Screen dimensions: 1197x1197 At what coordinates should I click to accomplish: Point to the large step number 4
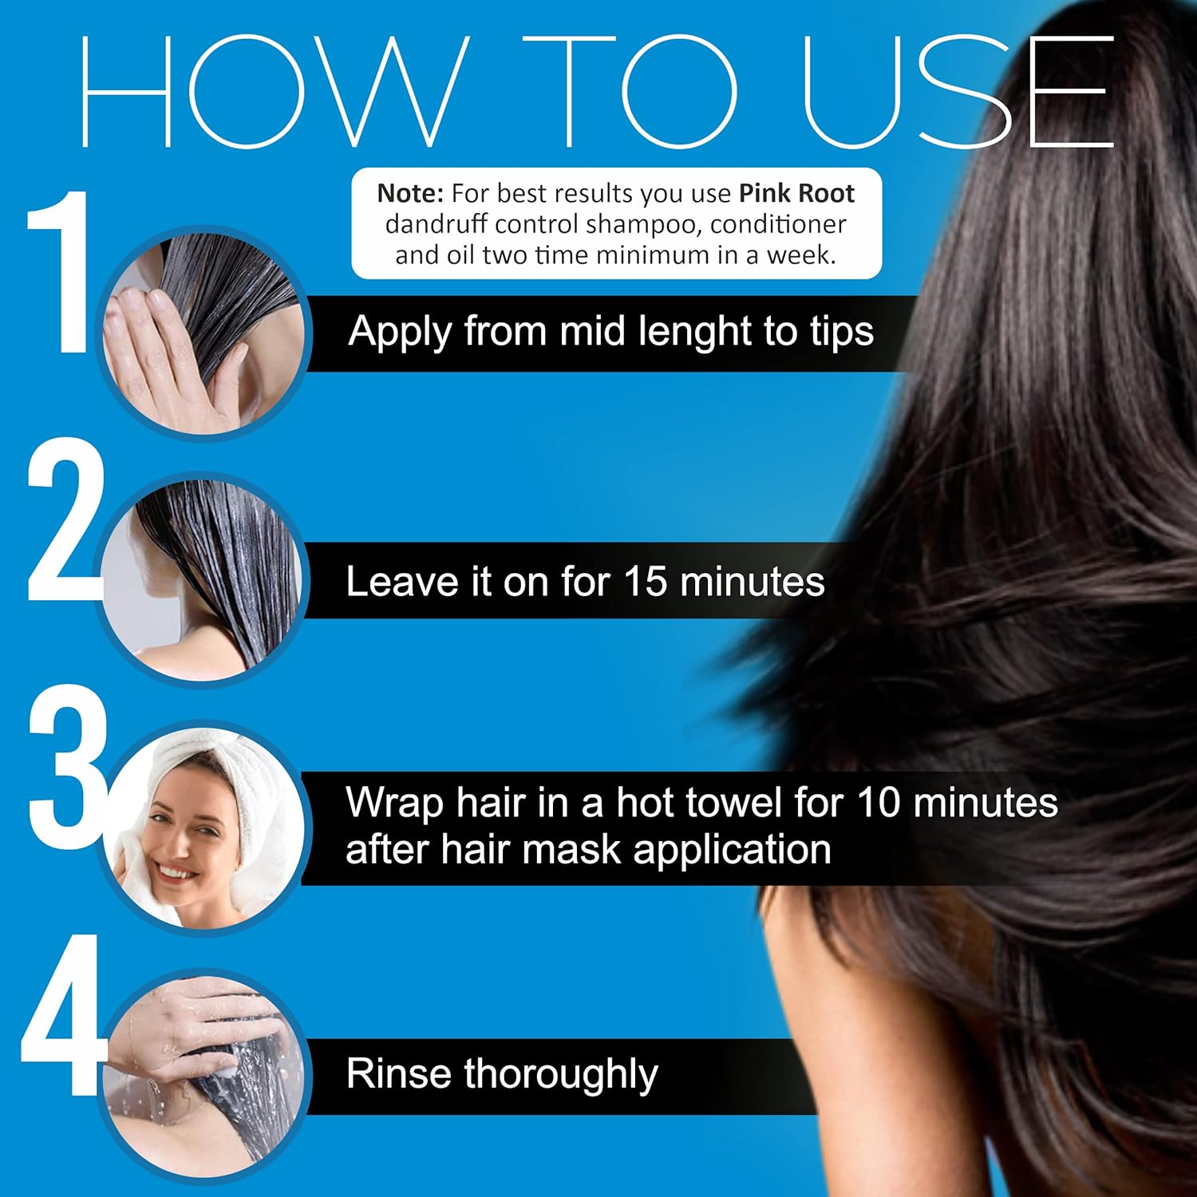click(x=64, y=1015)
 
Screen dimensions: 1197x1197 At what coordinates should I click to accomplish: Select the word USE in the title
click(x=958, y=92)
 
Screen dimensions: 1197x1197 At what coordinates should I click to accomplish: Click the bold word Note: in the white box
click(x=410, y=193)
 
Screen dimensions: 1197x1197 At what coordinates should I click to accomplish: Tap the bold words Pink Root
click(x=796, y=193)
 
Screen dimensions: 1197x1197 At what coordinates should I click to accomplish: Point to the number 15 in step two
click(x=645, y=582)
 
